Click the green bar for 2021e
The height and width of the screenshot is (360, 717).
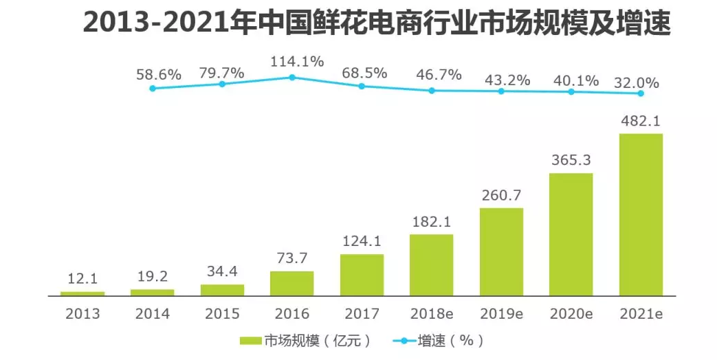click(x=641, y=214)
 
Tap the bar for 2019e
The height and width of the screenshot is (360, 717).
click(x=501, y=251)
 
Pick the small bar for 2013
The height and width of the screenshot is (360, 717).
click(x=82, y=293)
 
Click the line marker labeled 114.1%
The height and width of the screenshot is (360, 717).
click(x=292, y=78)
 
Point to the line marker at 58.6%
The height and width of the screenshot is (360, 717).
click(x=153, y=88)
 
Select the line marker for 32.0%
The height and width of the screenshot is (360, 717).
click(x=641, y=93)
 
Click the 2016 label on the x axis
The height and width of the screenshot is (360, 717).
click(x=292, y=314)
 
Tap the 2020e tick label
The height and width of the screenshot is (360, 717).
click(x=571, y=314)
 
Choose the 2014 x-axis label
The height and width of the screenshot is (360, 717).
click(x=153, y=314)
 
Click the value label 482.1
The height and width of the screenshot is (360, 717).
click(x=641, y=121)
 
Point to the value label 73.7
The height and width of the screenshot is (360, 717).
click(x=292, y=259)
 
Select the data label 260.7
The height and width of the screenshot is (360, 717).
click(x=501, y=196)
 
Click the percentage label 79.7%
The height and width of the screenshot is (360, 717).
click(x=222, y=73)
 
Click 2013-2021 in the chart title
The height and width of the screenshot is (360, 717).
click(x=161, y=23)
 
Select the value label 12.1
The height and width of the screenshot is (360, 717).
click(x=82, y=280)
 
